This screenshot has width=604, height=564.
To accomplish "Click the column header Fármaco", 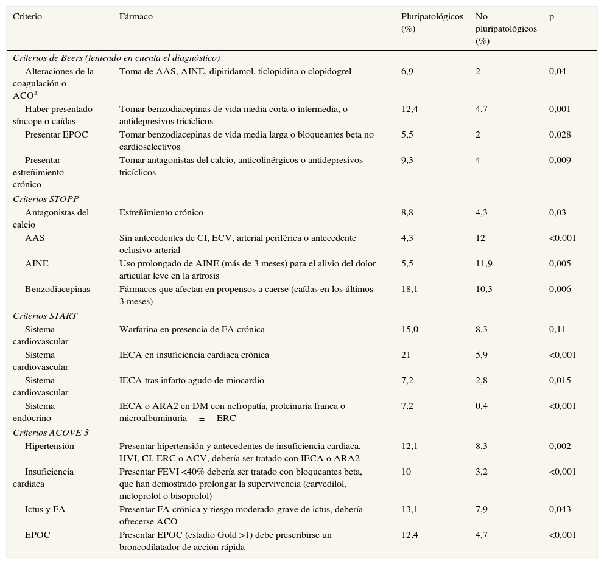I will coord(136,17).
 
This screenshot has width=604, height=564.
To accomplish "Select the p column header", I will coord(552,17).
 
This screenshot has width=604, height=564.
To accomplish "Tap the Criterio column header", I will coord(27,17).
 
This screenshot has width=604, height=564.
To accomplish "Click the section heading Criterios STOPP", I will coord(46,199).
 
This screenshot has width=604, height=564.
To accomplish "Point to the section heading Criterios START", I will coord(45,316).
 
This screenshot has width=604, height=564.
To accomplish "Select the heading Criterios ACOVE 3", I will coord(51,433).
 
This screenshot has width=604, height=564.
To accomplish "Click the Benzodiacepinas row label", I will coord(57,289).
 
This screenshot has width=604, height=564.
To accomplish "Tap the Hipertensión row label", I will coord(49,446).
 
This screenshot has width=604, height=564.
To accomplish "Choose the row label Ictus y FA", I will coord(45,509).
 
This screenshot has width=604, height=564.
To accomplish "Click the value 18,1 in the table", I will coord(410,289).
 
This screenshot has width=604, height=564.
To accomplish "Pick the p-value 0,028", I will coord(560,134).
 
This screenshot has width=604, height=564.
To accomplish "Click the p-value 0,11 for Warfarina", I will coord(557,329).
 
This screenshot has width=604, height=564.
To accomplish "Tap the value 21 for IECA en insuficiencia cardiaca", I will coord(406,355).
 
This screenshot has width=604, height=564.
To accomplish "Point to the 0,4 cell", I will coord(481,406).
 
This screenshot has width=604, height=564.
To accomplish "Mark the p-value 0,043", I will coord(560,509).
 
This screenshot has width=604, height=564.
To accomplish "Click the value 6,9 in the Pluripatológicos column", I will coord(407,71).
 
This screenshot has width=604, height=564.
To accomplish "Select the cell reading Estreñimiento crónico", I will coord(161,212).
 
